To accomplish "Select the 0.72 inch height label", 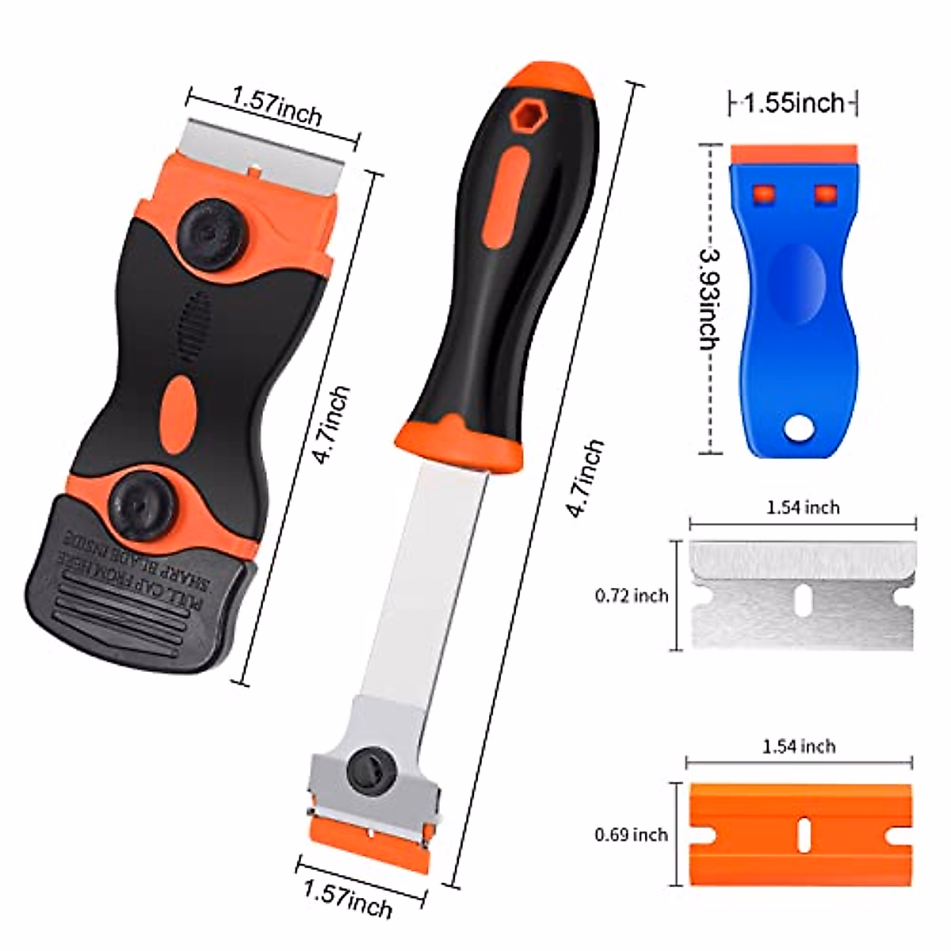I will pyautogui.click(x=632, y=595).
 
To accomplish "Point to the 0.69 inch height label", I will pyautogui.click(x=632, y=835).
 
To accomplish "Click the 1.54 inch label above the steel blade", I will pyautogui.click(x=803, y=507).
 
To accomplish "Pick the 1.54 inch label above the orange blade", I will pyautogui.click(x=799, y=747).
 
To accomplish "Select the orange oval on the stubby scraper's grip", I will pyautogui.click(x=178, y=407).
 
